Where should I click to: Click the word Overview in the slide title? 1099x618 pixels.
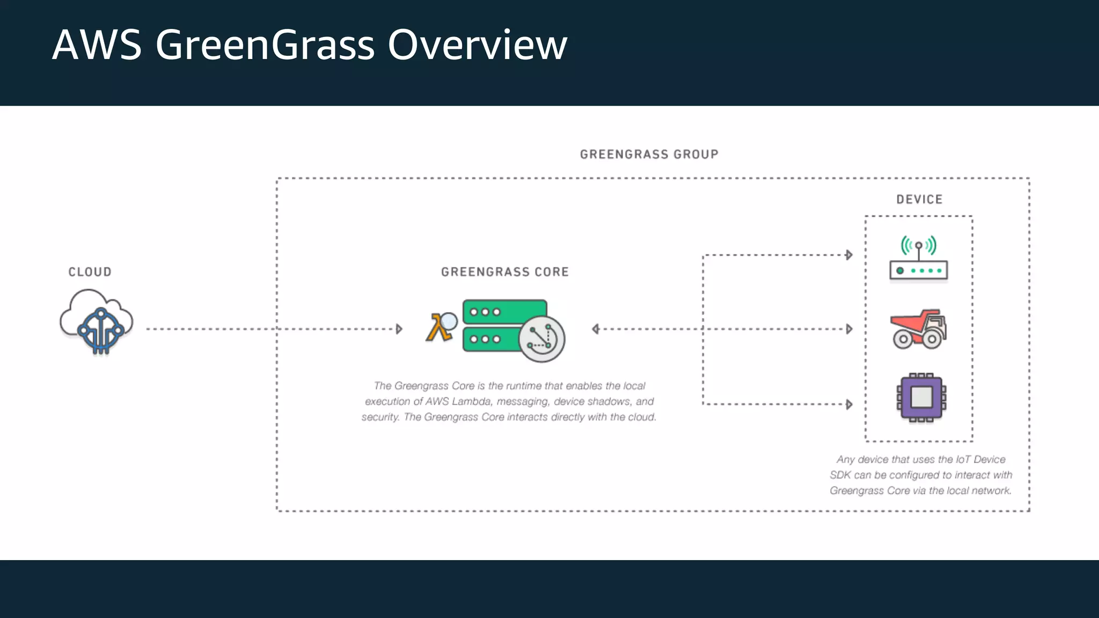tap(477, 45)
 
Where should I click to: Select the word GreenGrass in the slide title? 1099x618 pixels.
tap(265, 45)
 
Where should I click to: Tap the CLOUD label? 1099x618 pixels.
tap(90, 272)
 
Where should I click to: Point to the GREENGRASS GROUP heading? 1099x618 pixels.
tap(649, 154)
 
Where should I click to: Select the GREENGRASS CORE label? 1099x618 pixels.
tap(504, 272)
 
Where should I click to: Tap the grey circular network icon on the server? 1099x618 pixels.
tap(541, 339)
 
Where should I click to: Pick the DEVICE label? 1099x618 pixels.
tap(919, 200)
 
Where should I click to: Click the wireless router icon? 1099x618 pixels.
tap(918, 260)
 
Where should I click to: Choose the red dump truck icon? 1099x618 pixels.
tap(918, 328)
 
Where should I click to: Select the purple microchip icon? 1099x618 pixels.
tap(921, 398)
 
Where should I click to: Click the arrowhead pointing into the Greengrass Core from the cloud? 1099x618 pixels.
tap(399, 329)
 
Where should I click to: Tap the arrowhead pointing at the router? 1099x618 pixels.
tap(849, 255)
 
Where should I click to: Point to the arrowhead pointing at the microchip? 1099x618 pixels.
tap(849, 404)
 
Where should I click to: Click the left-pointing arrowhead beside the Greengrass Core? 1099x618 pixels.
tap(595, 329)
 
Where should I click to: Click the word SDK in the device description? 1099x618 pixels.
tap(840, 475)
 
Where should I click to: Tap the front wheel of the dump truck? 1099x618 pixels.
tap(933, 339)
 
